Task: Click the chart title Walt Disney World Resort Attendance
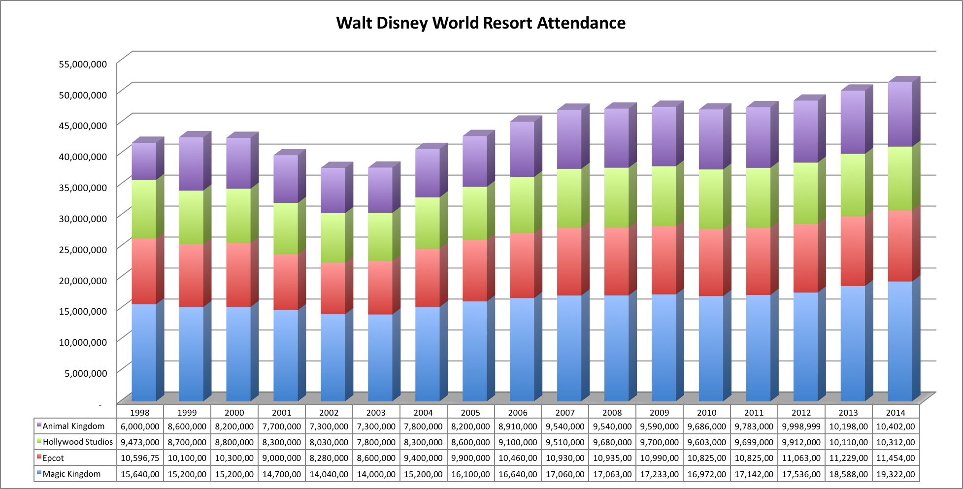[x=481, y=23]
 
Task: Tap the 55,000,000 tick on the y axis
[x=83, y=64]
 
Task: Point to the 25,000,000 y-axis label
[x=83, y=250]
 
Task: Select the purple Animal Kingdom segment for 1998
[x=144, y=162]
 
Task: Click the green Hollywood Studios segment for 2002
[x=332, y=238]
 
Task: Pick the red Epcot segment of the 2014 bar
[x=899, y=246]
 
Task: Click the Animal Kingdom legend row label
[x=73, y=426]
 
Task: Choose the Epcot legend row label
[x=53, y=458]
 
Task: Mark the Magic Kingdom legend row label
[x=71, y=474]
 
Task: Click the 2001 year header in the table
[x=281, y=413]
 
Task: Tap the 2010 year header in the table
[x=706, y=413]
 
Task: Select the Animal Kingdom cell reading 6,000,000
[x=140, y=426]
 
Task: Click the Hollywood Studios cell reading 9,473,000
[x=140, y=442]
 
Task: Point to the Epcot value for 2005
[x=470, y=458]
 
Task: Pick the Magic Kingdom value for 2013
[x=848, y=474]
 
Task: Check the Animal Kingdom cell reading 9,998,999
[x=801, y=426]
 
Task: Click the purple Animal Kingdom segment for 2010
[x=711, y=139]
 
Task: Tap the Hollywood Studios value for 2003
[x=376, y=442]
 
